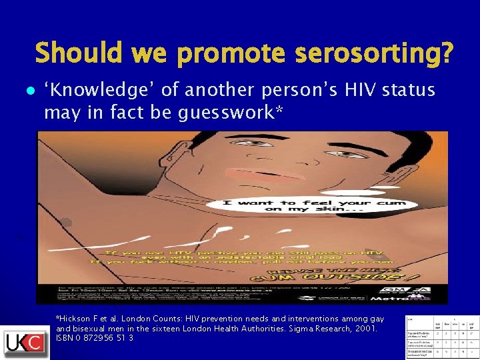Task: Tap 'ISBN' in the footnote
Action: pyautogui.click(x=66, y=338)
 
